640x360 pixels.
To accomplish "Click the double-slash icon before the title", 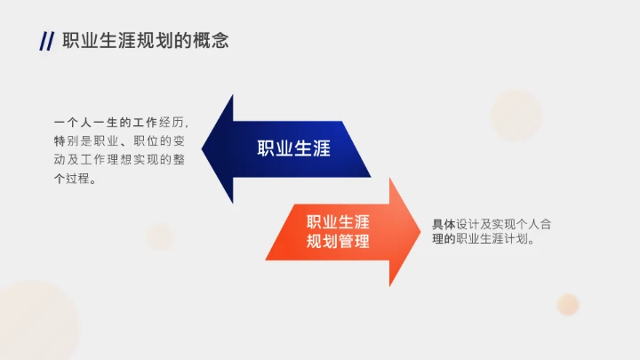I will click(46, 41).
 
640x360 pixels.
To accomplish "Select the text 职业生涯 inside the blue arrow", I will click(293, 148).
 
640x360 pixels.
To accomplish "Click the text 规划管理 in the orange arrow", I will click(338, 241).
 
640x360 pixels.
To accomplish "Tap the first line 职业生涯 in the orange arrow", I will click(338, 222).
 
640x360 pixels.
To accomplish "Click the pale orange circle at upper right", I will click(516, 116).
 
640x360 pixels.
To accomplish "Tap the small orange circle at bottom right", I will click(568, 304).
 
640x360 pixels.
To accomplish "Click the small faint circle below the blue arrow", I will click(160, 236).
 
